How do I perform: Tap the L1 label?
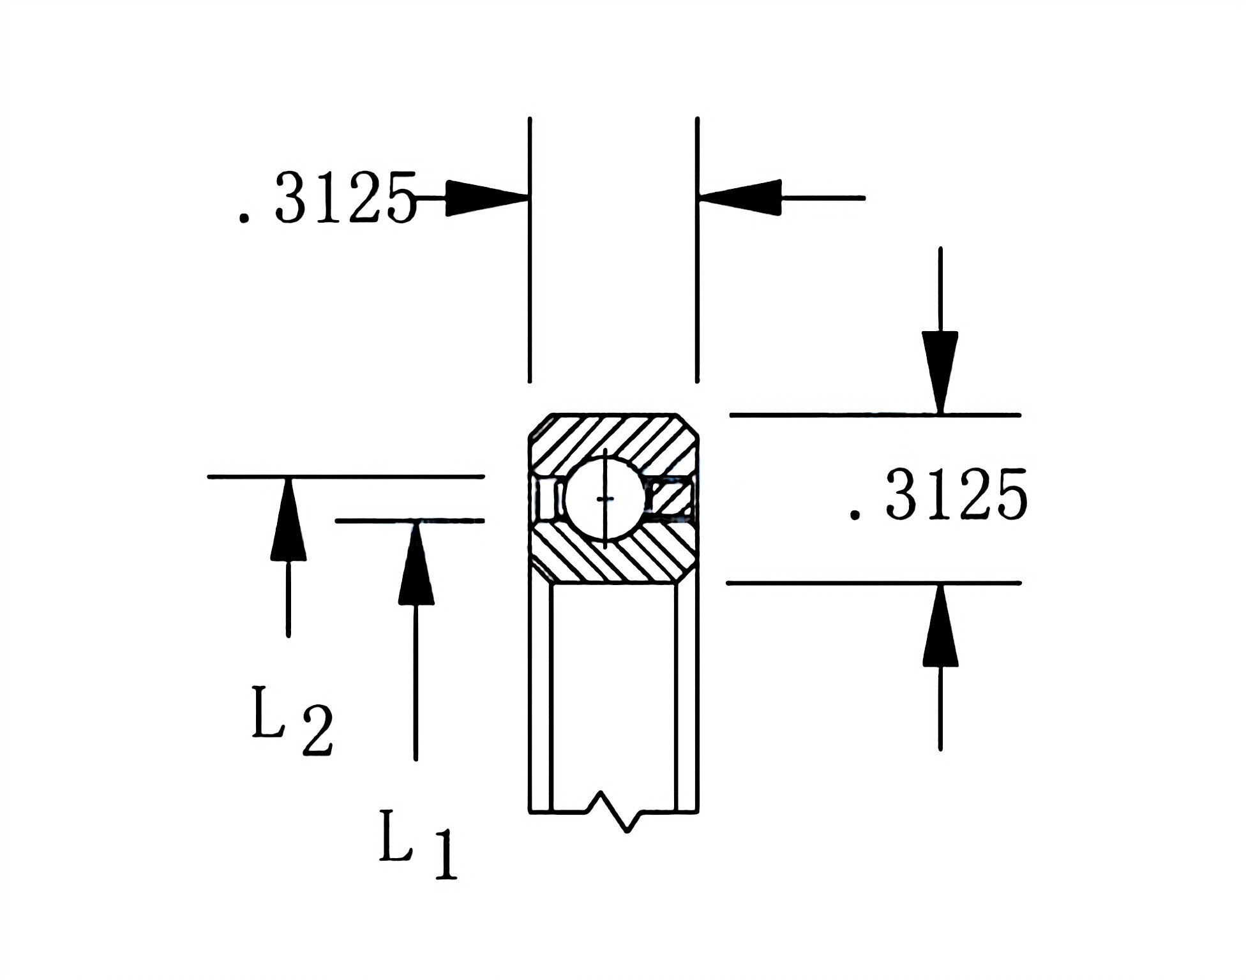[418, 845]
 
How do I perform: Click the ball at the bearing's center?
[604, 498]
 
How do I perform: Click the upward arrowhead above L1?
[416, 565]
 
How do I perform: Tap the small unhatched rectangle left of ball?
[546, 498]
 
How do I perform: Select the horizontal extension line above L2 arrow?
[345, 476]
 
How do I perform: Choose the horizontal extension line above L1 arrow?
[409, 521]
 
